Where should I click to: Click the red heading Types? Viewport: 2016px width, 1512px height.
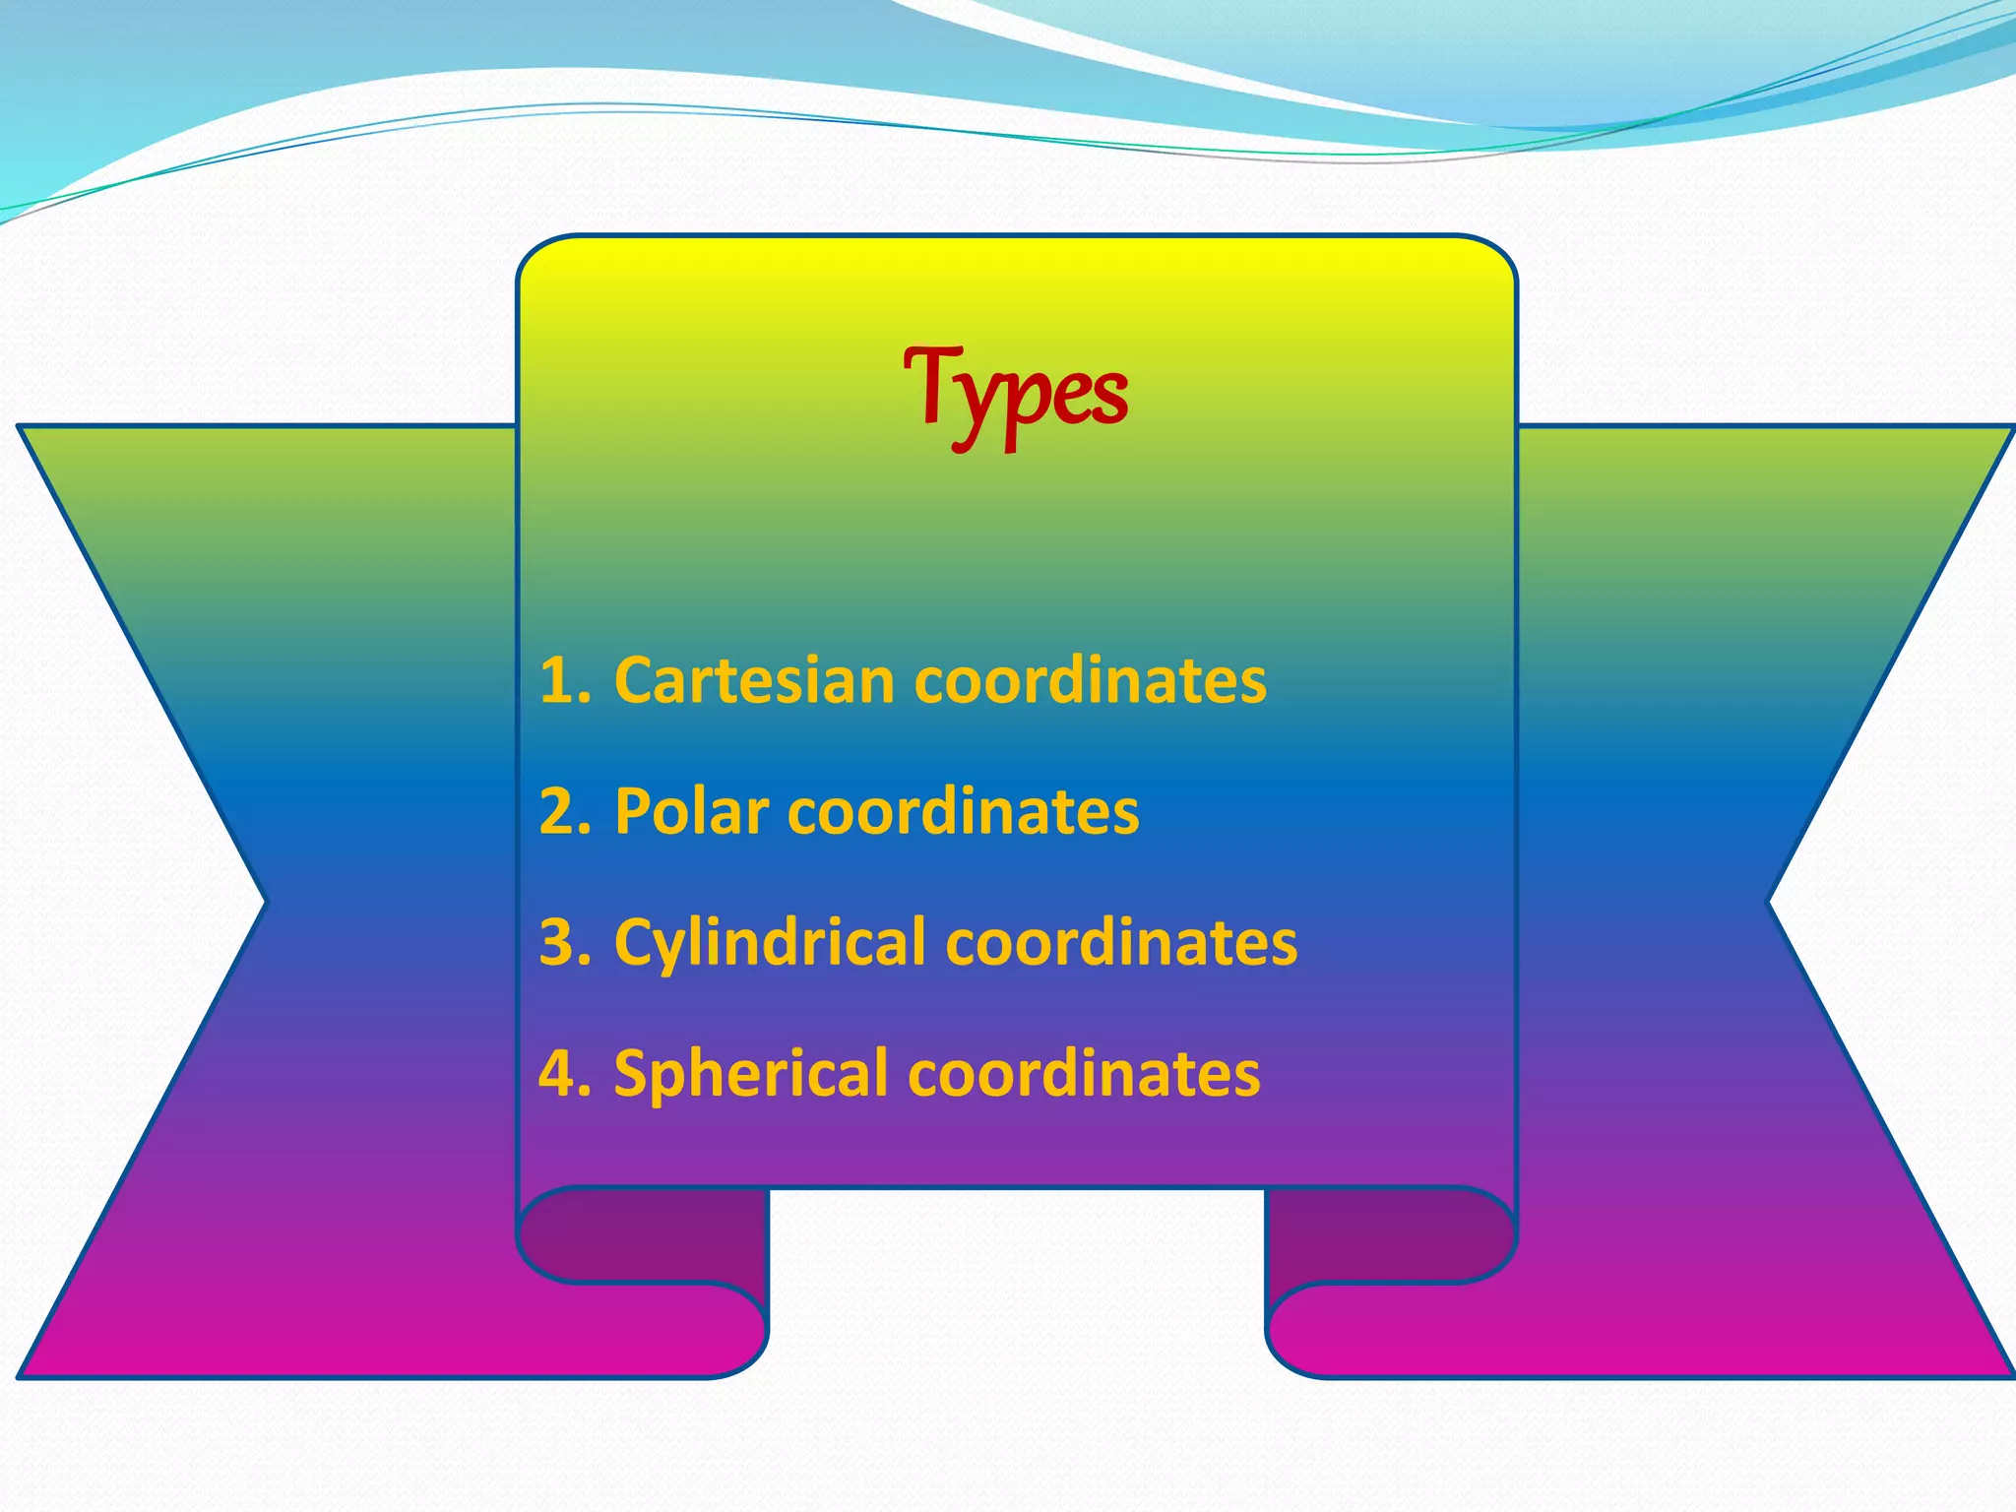[x=1015, y=394]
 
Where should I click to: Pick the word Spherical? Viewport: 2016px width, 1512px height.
[x=751, y=1074]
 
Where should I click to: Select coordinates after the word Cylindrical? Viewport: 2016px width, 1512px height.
[x=1121, y=943]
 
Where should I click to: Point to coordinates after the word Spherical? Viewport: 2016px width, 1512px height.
[x=1084, y=1074]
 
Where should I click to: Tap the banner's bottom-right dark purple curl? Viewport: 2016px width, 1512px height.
[x=1388, y=1235]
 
